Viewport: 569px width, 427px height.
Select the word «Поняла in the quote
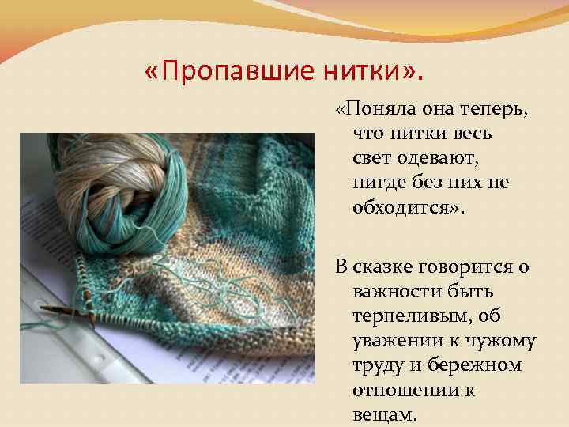tap(372, 111)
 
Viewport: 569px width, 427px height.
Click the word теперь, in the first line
tap(495, 111)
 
